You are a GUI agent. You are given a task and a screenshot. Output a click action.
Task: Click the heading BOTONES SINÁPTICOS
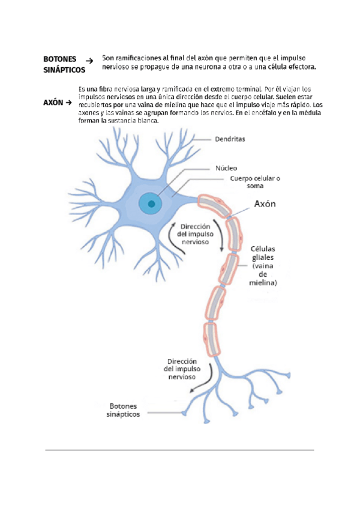(x=64, y=64)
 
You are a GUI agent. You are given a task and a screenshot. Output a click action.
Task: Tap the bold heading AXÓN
(x=53, y=103)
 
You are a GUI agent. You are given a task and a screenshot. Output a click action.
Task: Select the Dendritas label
(x=230, y=139)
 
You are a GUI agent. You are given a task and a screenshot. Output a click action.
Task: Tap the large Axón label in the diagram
(x=265, y=203)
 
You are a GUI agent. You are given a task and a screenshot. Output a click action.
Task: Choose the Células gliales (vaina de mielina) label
(x=263, y=265)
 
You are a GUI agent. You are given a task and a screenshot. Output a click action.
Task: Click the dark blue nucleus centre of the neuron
(x=152, y=204)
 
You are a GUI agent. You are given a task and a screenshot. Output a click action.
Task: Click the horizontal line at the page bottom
(x=180, y=450)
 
